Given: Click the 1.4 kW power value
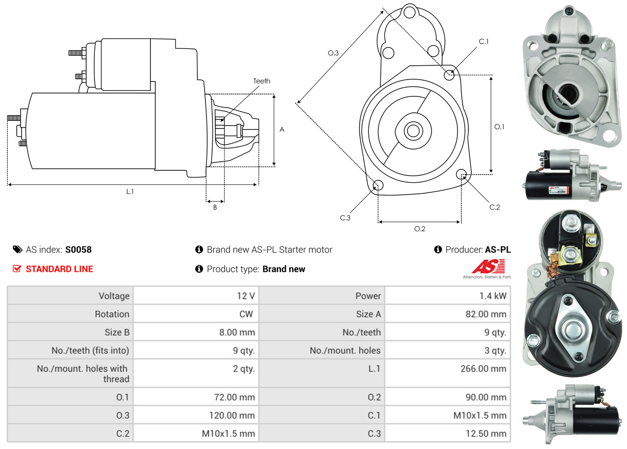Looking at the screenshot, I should (x=493, y=295).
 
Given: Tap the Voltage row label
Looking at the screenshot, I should (x=114, y=295).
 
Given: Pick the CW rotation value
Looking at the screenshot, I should (x=246, y=314).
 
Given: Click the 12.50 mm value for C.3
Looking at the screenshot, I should (x=485, y=433).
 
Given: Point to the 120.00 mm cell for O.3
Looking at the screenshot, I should (x=232, y=415).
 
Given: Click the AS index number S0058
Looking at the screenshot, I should (x=78, y=249).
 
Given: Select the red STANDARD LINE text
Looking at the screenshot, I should (x=59, y=269).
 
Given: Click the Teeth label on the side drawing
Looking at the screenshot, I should (x=262, y=81).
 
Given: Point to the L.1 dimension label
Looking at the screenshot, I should (x=130, y=191).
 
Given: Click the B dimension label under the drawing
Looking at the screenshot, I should (x=215, y=207).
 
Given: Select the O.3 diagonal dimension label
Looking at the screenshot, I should (x=333, y=53).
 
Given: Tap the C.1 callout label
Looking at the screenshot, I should (x=484, y=42).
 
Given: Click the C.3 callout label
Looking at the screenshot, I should (x=345, y=218).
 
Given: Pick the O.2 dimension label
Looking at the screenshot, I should (x=420, y=229).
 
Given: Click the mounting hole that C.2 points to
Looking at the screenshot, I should (x=461, y=174).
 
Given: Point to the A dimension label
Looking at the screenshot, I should (x=282, y=130).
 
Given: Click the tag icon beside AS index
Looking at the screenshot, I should (x=17, y=249).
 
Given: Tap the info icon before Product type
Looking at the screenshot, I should (x=199, y=269).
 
